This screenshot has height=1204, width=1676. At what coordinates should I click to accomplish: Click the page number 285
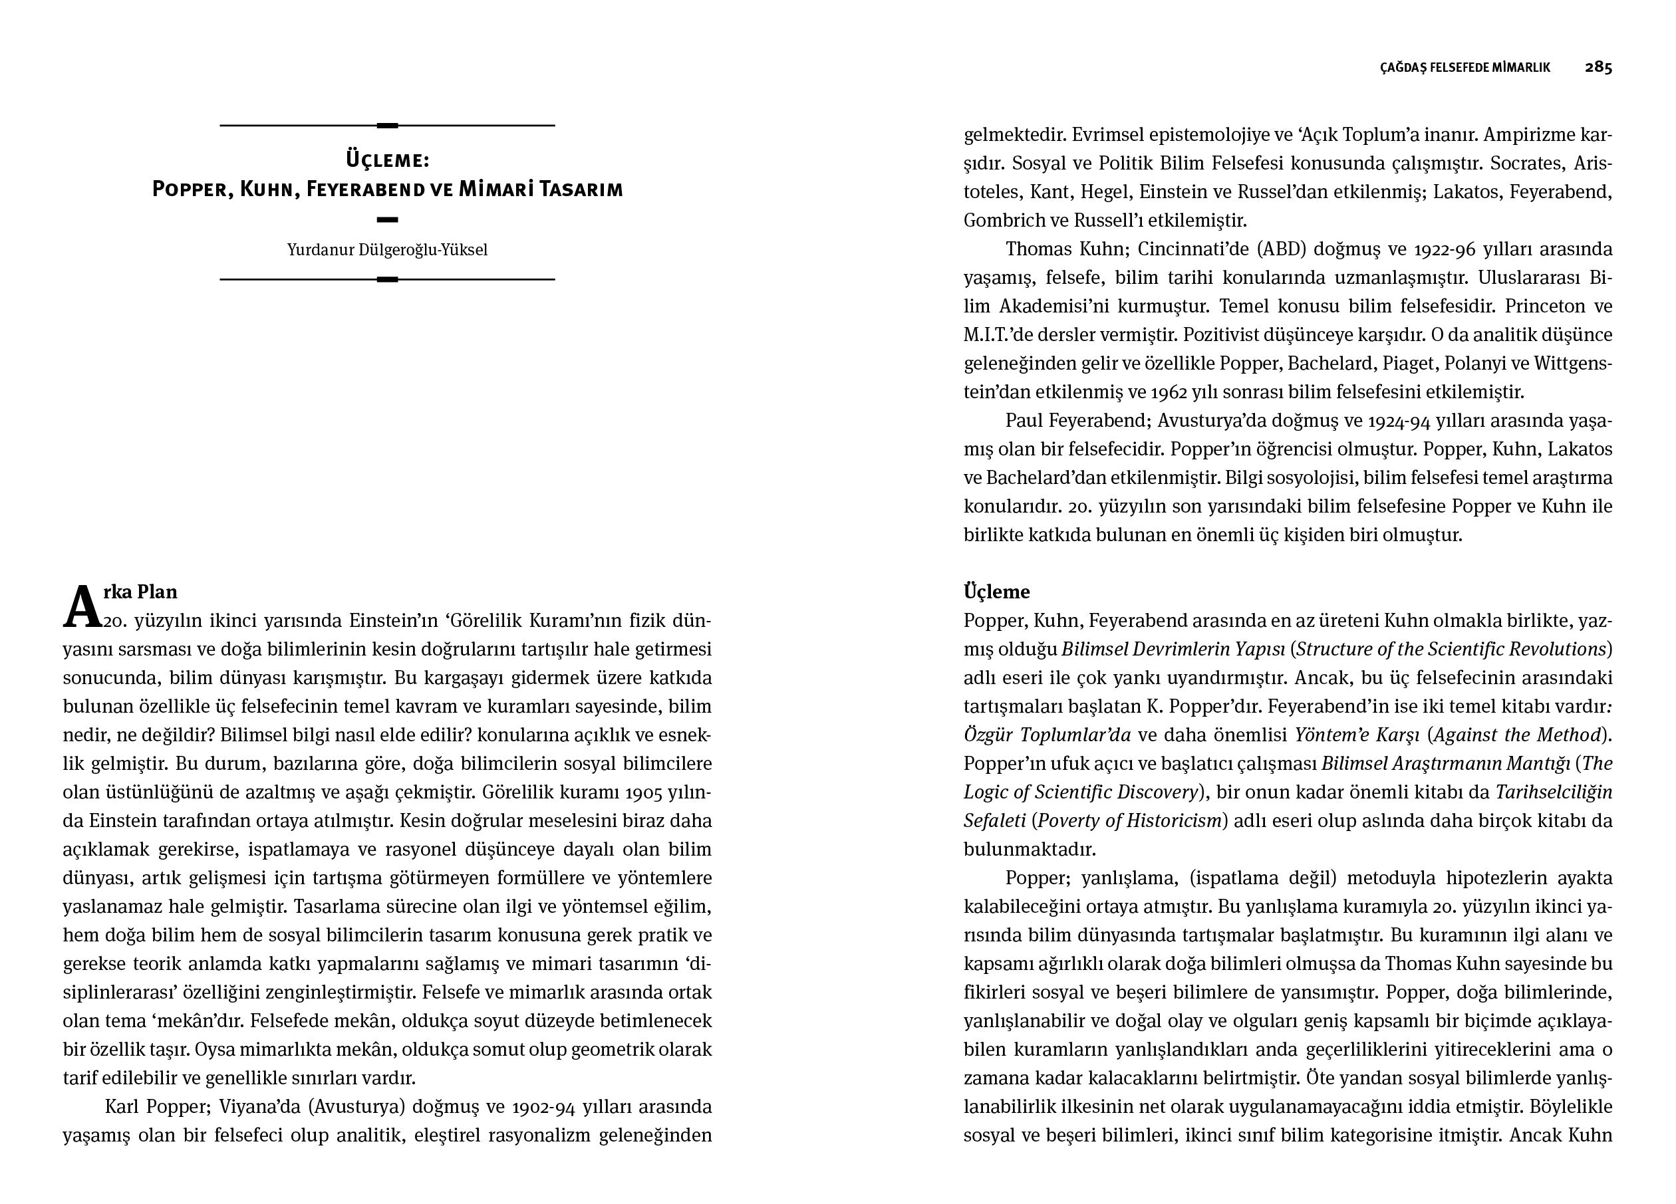1598,67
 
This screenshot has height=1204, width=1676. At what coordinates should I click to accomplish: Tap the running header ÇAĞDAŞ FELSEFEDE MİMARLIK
1465,68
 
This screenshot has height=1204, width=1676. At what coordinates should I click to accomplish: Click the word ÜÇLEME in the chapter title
387,160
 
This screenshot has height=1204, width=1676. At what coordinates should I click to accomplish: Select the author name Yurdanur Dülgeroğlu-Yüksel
387,250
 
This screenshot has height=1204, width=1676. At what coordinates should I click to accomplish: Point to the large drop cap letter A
81,608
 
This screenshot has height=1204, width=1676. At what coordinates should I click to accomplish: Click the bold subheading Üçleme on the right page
996,592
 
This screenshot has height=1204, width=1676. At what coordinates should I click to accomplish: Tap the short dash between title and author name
387,219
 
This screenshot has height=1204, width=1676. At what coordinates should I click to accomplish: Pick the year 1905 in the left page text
644,792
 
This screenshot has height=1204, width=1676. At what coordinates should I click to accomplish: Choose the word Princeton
1543,306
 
